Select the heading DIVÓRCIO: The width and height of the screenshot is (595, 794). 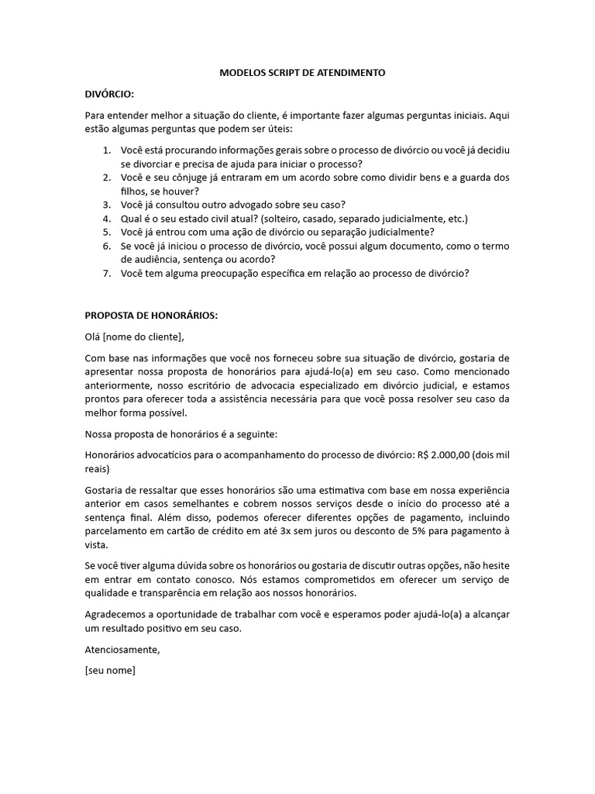coord(109,94)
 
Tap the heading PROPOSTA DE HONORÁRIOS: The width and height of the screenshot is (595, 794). coord(151,316)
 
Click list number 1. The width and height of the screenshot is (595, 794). coord(107,149)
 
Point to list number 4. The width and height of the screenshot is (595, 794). coord(107,219)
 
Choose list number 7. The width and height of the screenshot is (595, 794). coord(107,273)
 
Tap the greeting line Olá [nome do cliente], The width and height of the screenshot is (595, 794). coord(136,336)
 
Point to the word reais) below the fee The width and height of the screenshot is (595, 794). coord(97,469)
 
